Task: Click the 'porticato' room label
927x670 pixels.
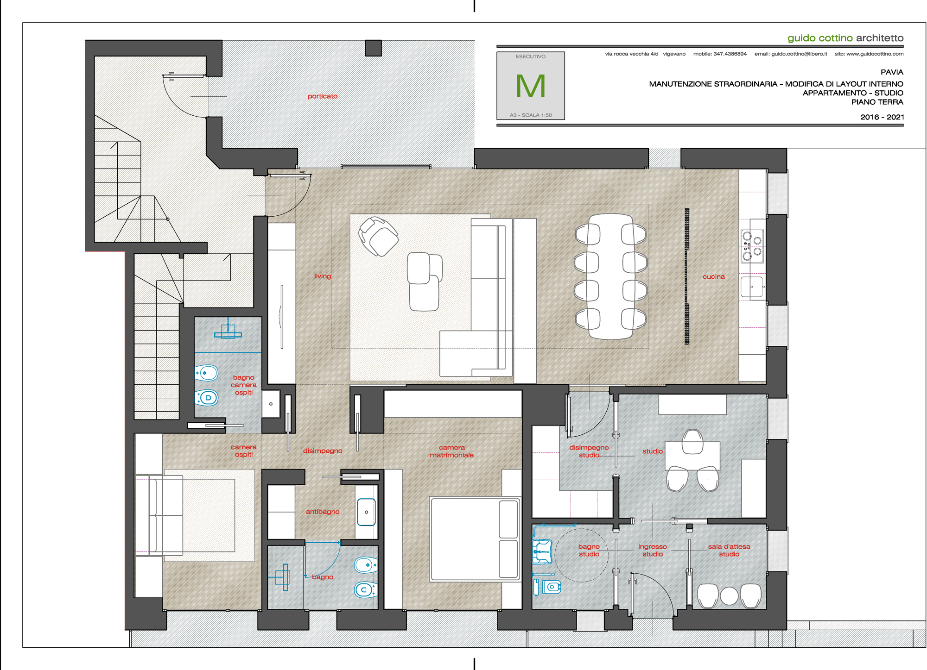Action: click(323, 96)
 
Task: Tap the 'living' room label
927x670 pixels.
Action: click(323, 276)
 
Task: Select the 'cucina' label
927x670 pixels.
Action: click(713, 276)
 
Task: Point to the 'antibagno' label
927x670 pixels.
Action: click(323, 512)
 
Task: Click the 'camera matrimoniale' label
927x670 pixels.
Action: click(451, 451)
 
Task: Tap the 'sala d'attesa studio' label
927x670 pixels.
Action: click(729, 550)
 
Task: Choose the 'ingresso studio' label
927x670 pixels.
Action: click(653, 550)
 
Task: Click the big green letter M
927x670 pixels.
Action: click(531, 86)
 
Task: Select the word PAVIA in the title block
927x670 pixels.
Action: click(892, 72)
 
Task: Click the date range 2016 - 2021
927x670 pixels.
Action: click(882, 117)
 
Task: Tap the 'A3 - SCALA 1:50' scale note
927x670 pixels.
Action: click(531, 115)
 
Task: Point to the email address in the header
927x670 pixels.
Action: click(791, 54)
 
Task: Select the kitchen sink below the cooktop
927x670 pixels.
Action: click(752, 287)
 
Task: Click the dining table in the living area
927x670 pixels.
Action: click(610, 276)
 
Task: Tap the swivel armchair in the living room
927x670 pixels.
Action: click(378, 236)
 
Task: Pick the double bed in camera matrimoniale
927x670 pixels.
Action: click(475, 539)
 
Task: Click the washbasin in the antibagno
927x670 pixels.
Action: click(366, 512)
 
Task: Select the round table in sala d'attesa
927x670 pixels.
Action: click(729, 596)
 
